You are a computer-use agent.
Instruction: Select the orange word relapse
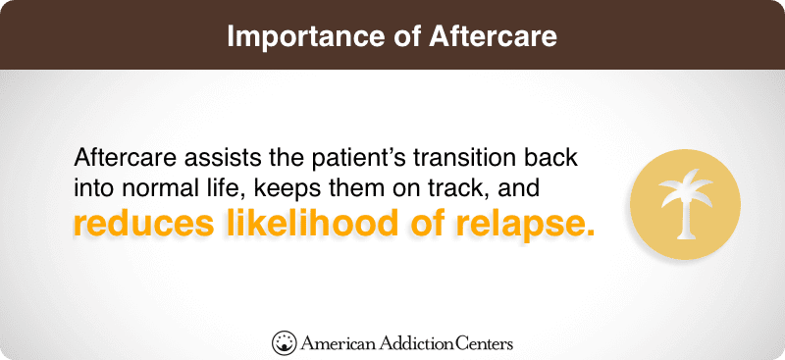click(520, 224)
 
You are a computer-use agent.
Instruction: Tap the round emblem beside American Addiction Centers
click(284, 342)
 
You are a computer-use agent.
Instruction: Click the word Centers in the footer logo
click(484, 343)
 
